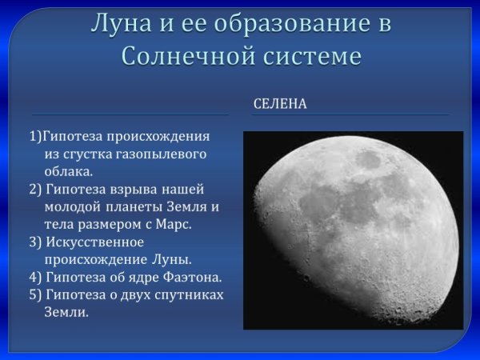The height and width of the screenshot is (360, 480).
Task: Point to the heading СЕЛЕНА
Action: (x=280, y=104)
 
